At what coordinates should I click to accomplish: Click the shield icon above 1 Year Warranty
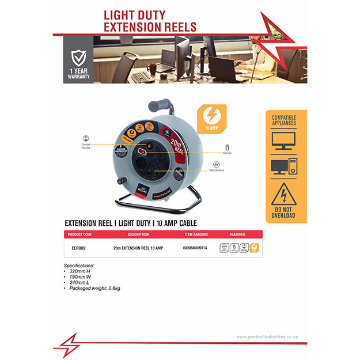[79, 58]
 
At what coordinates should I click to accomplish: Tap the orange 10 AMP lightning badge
[207, 118]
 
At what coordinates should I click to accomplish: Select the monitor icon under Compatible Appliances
[283, 141]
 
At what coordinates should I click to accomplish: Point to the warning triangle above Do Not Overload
[283, 194]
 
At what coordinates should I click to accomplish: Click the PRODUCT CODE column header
[80, 234]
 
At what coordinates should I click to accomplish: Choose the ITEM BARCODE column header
[196, 234]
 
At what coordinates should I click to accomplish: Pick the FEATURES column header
[238, 234]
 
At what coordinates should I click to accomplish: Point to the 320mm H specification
[82, 270]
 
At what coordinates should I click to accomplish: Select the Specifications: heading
[79, 265]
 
